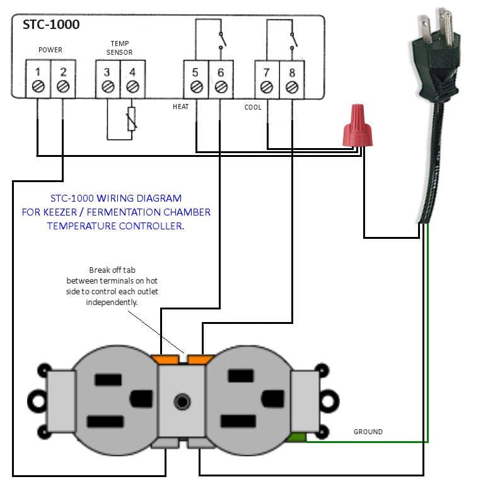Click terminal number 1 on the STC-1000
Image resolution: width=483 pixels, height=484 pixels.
(38, 79)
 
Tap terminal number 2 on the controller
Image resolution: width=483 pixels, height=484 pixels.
(62, 79)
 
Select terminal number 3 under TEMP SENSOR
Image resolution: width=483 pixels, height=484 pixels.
(108, 79)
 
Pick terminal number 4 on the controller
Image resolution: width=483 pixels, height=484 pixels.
(132, 79)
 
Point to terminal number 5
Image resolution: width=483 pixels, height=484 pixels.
(196, 79)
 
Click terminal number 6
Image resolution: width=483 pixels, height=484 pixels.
(221, 79)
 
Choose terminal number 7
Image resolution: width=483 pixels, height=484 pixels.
(267, 79)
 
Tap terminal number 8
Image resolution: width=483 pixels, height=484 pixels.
(291, 79)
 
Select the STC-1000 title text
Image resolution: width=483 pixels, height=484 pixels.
(51, 25)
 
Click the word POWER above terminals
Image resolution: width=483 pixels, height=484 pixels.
(50, 50)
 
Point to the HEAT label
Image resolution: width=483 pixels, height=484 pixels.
(180, 107)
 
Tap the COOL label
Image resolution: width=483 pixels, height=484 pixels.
(253, 108)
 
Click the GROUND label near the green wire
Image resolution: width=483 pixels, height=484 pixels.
(368, 432)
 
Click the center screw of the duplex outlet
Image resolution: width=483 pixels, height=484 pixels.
(183, 401)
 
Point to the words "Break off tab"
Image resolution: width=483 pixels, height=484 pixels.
(112, 270)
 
